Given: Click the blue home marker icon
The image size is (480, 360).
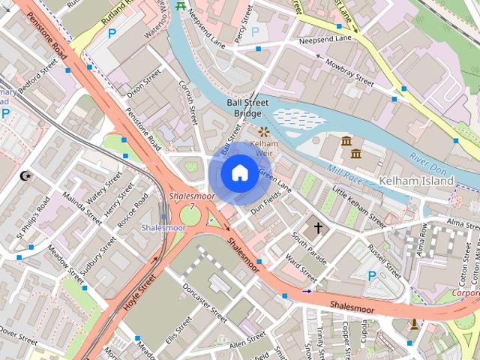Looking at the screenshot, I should point(238,173).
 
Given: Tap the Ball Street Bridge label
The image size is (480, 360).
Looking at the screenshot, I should point(247,108).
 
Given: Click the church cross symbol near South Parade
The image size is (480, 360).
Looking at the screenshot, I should point(317,226).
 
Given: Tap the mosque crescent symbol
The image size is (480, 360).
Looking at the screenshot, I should point(26,176).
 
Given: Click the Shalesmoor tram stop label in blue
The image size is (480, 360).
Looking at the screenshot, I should point(163,226).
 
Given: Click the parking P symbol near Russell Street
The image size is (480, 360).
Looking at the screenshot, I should point(372,276).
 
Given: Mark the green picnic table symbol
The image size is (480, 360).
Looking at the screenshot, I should point(180,6).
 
